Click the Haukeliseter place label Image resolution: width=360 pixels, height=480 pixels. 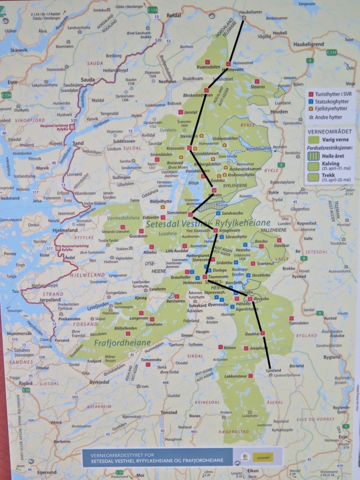(x=259, y=13)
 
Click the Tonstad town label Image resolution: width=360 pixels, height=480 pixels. (x=169, y=413)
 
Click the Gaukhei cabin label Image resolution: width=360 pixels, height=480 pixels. (x=252, y=334)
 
